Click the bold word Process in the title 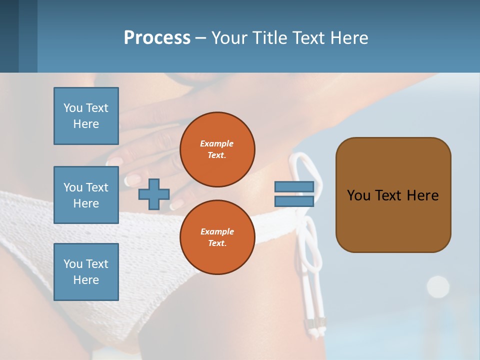(157, 38)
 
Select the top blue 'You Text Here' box (86, 116)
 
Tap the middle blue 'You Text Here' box (86, 195)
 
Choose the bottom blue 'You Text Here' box (86, 272)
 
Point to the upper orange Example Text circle (217, 149)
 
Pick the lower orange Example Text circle (217, 237)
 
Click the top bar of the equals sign (294, 187)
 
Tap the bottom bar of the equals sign (294, 201)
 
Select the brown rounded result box (393, 195)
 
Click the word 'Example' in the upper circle (217, 143)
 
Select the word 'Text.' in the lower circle (217, 243)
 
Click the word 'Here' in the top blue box (86, 124)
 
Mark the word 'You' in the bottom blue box (72, 264)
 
